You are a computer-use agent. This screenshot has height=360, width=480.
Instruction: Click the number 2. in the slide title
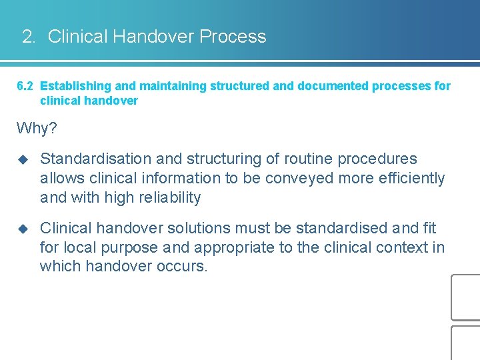29,37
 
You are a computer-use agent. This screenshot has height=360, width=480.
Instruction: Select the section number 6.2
25,86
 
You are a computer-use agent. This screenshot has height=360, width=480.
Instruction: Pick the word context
404,248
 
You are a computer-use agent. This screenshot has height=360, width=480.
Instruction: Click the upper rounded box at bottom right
466,297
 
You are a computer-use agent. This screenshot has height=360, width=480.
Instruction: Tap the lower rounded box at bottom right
466,343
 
